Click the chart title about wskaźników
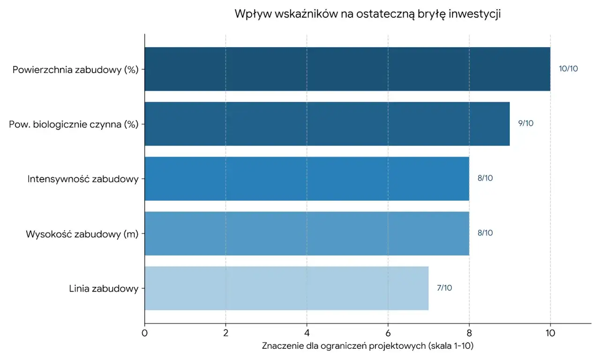pos(368,14)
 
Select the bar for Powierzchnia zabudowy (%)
pos(347,69)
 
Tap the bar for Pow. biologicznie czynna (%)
pos(327,124)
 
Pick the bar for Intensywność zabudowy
pos(307,179)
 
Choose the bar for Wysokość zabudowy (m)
pos(307,233)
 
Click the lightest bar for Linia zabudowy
pos(286,288)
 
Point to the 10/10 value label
pos(568,69)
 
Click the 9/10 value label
pos(525,124)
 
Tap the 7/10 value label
pos(444,288)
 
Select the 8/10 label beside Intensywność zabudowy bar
pos(485,178)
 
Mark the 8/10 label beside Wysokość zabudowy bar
pos(485,233)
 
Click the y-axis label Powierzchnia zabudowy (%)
pos(75,70)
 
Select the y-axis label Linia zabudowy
pos(104,289)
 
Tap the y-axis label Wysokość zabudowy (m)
pos(82,234)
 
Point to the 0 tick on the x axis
pos(144,333)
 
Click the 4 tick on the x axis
pos(307,333)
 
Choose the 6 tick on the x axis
pos(388,333)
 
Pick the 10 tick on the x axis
pos(550,333)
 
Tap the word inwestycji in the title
pos(474,14)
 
